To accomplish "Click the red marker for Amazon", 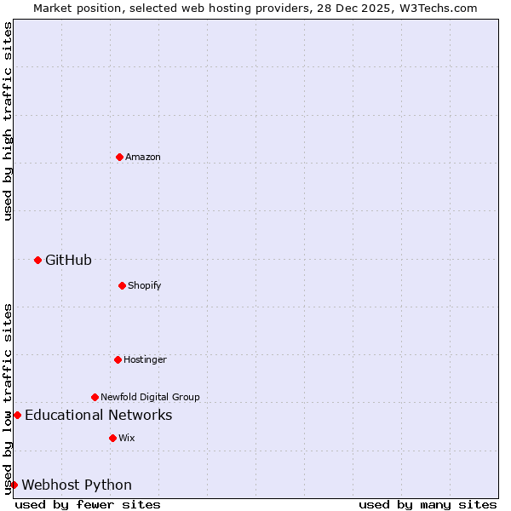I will (x=119, y=157).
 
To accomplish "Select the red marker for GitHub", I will (x=37, y=260).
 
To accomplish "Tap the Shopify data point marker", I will (x=122, y=285).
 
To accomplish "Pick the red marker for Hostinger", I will (x=118, y=359).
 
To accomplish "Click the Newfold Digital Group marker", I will (x=95, y=397).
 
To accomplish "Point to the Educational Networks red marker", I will (x=17, y=415).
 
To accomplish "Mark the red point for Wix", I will (x=112, y=438).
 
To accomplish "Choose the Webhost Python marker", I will (x=14, y=485).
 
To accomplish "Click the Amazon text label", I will (x=143, y=157).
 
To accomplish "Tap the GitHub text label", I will (x=68, y=260).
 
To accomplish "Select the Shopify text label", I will (x=145, y=285).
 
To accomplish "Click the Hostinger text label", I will (x=145, y=359).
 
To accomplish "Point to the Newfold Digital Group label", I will (x=150, y=397).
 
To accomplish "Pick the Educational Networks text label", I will (x=98, y=415).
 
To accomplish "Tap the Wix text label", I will (x=127, y=438).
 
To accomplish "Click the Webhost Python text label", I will (x=77, y=485).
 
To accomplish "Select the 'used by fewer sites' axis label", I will (x=88, y=504).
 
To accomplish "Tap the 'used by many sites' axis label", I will (x=428, y=504).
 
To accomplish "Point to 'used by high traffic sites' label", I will (x=8, y=121).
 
